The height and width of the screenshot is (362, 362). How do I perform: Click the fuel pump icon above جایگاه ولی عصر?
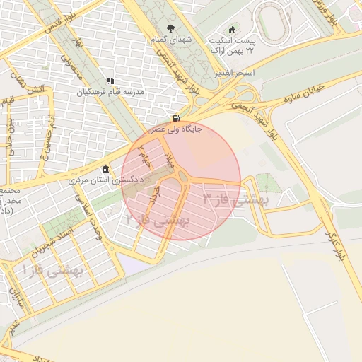click(175, 118)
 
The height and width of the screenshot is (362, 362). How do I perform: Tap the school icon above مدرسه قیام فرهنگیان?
click(110, 81)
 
